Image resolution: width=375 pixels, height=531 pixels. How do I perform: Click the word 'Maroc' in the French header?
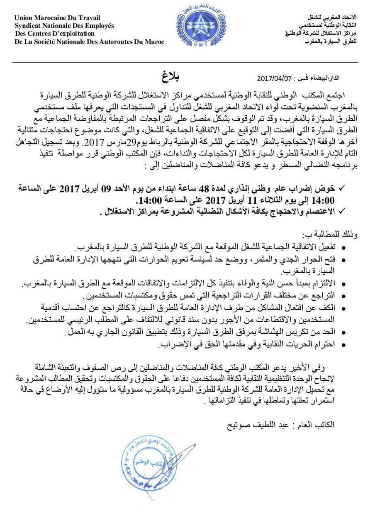pos(155,41)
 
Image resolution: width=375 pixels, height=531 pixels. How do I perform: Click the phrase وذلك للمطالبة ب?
pos(334,235)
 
